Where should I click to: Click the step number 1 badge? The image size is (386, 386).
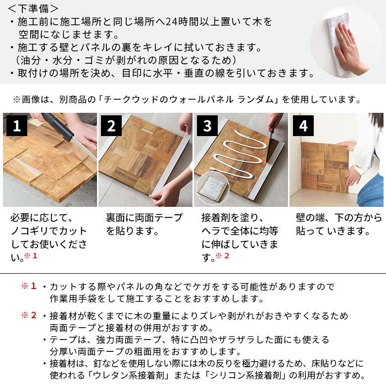(x=17, y=126)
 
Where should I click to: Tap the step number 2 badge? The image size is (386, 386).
(x=111, y=126)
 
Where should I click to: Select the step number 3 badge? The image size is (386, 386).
(x=207, y=126)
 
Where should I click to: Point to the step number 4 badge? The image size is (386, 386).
(x=303, y=126)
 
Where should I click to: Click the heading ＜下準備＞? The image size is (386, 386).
(x=33, y=8)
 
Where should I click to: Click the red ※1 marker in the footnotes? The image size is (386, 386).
(x=28, y=287)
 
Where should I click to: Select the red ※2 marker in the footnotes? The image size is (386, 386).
(x=28, y=315)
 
